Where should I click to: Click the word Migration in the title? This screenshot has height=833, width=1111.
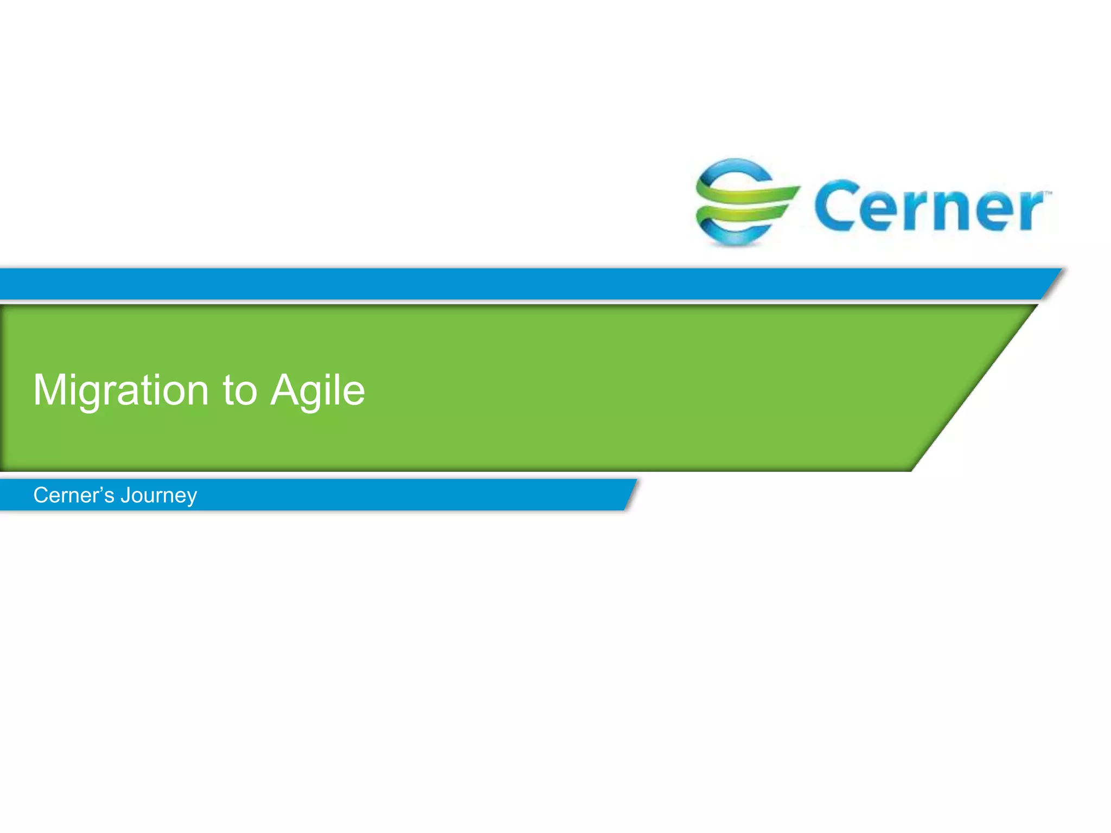click(120, 390)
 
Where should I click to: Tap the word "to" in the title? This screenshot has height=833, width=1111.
click(239, 390)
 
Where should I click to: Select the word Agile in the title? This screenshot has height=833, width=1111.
click(318, 390)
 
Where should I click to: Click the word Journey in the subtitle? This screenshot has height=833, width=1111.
click(158, 496)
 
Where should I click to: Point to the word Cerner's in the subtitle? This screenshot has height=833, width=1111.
click(74, 495)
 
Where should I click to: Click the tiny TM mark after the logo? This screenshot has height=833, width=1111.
click(1048, 193)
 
